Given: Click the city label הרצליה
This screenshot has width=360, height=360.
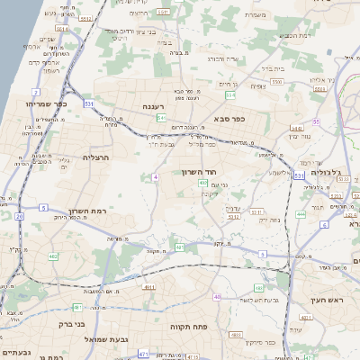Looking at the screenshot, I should point(94,157).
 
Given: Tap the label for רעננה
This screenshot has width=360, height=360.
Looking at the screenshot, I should point(145,107).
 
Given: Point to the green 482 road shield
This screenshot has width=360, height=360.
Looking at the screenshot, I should point(52,256).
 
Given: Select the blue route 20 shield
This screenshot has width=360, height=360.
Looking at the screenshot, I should point(20,216).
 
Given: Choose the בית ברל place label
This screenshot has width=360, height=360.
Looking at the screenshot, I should point(272,67).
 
